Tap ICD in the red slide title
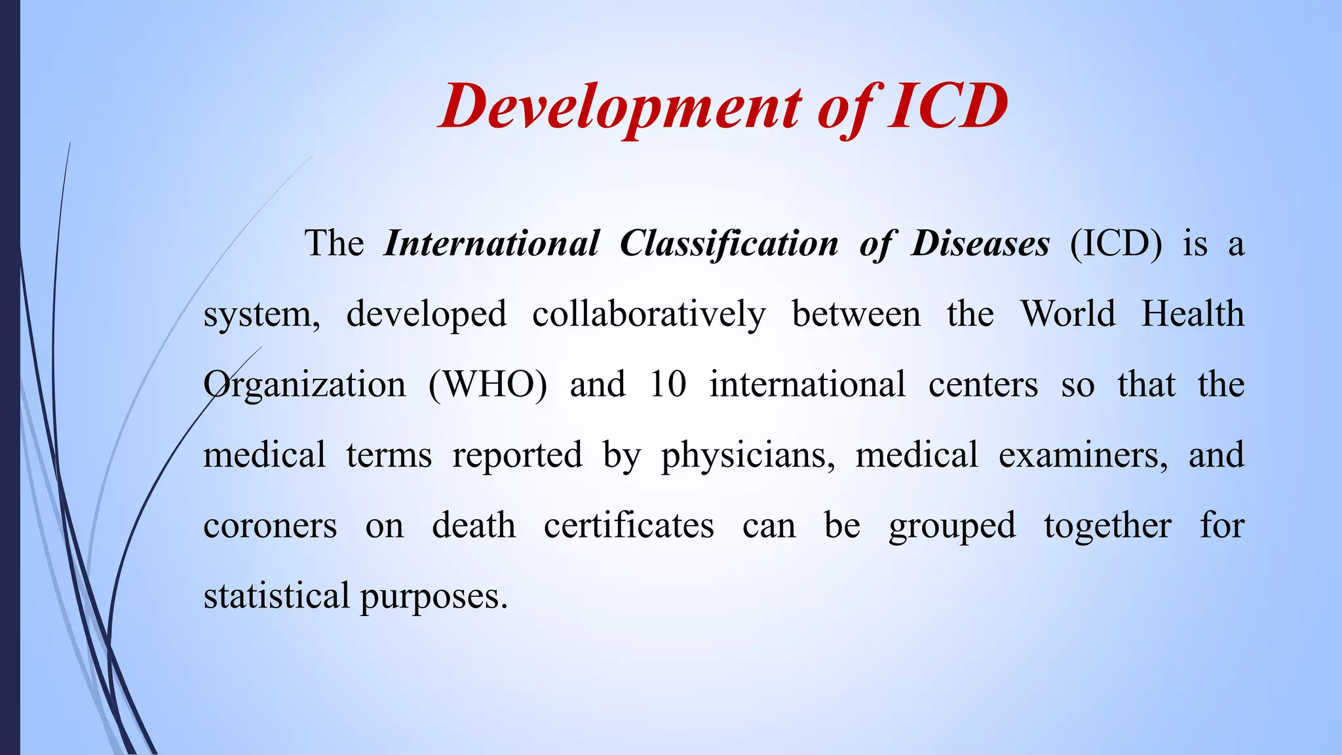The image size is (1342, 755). [x=948, y=107]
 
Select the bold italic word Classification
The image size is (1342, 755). [x=729, y=244]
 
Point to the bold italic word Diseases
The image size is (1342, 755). [x=980, y=244]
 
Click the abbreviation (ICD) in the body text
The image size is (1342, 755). [x=1116, y=244]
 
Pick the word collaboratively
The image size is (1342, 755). [x=649, y=314]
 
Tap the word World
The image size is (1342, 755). [x=1068, y=314]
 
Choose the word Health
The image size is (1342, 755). [x=1193, y=314]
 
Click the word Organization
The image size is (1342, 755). [x=305, y=385]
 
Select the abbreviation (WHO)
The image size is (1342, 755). [x=488, y=385]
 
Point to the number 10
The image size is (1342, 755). [x=668, y=385]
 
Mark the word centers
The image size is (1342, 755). [x=983, y=385]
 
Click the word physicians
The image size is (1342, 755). [x=748, y=455]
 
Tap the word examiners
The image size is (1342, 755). [x=1083, y=455]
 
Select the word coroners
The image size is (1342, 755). [x=270, y=526]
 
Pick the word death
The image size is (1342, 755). [x=474, y=526]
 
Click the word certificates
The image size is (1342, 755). [x=629, y=526]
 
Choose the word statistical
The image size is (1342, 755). [x=277, y=596]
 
